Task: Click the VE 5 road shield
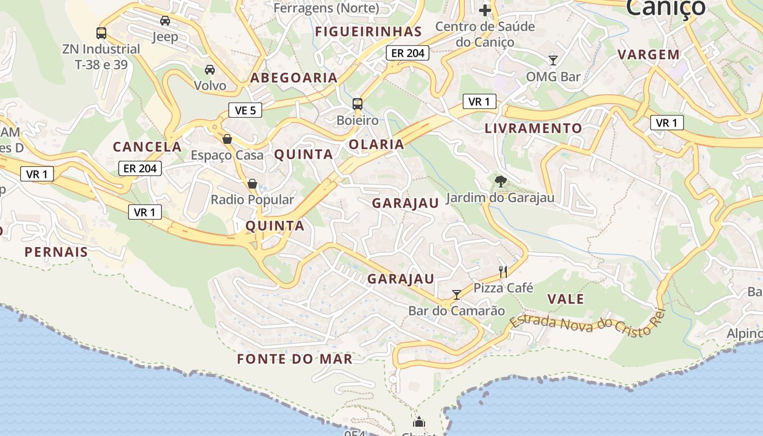[x=245, y=111]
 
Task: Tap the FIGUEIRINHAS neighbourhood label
[x=368, y=32]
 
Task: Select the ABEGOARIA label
[x=294, y=78]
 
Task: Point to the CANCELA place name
[x=147, y=147]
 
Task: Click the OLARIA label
[x=377, y=144]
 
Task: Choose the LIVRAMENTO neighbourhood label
[x=534, y=129]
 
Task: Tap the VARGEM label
[x=649, y=55]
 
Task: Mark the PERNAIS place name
[x=56, y=252]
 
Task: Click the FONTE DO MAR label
[x=295, y=359]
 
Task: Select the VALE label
[x=566, y=299]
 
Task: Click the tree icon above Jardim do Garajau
[x=500, y=181]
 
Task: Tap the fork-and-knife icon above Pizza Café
[x=503, y=271]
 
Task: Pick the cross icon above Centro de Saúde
[x=485, y=10]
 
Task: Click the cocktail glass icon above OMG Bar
[x=553, y=60]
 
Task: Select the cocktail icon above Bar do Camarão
[x=457, y=294]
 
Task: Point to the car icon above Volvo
[x=210, y=70]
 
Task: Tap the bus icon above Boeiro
[x=358, y=104]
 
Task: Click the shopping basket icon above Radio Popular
[x=252, y=184]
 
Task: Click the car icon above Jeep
[x=165, y=21]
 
